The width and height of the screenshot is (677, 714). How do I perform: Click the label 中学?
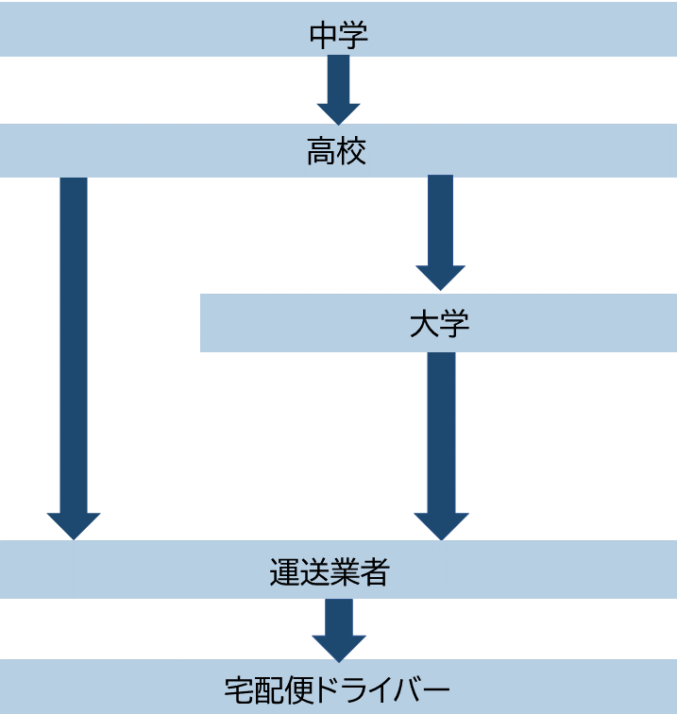coord(338,36)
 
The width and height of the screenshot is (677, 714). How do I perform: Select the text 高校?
coord(336,152)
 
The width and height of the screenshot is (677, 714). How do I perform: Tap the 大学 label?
coord(439,324)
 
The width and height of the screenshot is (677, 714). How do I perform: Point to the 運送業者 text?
coord(329,571)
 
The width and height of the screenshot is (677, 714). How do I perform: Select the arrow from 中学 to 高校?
coord(338,85)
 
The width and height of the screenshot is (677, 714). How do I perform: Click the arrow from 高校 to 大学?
coord(440,227)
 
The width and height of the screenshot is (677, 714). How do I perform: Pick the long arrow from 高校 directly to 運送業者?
coord(74,349)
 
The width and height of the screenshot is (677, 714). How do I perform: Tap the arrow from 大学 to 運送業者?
coord(441,434)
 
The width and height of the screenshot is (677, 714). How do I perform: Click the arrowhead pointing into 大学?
coord(440,276)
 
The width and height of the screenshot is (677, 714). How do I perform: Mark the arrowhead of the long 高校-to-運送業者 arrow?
coord(74,525)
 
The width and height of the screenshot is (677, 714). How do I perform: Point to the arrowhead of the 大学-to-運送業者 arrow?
coord(441,525)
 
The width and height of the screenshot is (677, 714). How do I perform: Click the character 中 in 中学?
coord(323,36)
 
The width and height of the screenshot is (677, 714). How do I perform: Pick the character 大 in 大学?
coord(424,324)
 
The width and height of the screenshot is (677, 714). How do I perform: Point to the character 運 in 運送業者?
coord(284,571)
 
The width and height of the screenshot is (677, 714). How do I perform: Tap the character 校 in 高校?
coord(351,152)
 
